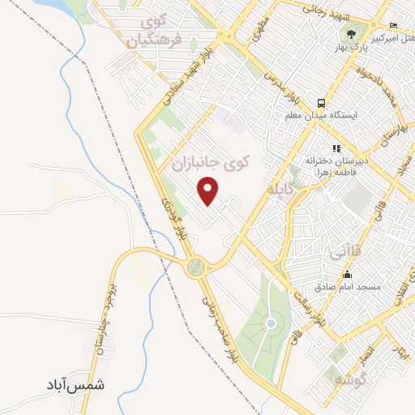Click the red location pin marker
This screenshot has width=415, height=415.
point(210,190)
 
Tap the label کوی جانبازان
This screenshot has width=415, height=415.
point(208,162)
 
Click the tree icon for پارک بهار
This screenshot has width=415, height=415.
point(352,34)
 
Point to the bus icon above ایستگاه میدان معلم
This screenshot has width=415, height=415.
point(322,104)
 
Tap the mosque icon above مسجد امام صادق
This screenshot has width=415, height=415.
point(348,274)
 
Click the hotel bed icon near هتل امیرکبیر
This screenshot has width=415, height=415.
point(393,26)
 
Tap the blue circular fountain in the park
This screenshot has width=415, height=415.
point(271,324)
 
